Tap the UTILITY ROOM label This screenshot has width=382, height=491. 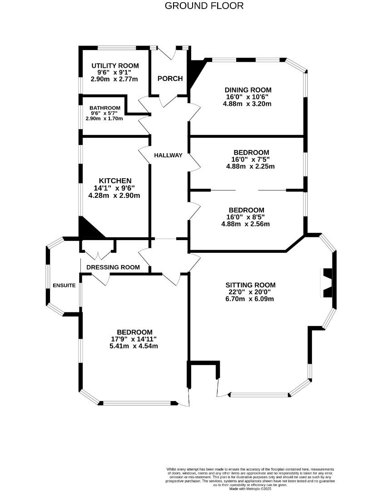click(115, 66)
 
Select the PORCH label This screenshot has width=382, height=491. click(170, 79)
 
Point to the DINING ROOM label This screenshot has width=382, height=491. click(247, 90)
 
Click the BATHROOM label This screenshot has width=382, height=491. click(105, 108)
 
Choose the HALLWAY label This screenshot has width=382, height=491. click(168, 155)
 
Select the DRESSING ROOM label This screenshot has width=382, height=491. click(113, 267)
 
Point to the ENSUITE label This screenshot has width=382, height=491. click(64, 286)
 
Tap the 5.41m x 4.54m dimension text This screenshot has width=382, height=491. click(134, 346)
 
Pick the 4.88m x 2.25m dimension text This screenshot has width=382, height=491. click(250, 166)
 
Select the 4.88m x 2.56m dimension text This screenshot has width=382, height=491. click(246, 224)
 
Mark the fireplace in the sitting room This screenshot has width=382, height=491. click(327, 283)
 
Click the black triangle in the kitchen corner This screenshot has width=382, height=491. click(88, 230)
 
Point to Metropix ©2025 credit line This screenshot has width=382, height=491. click(250, 489)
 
